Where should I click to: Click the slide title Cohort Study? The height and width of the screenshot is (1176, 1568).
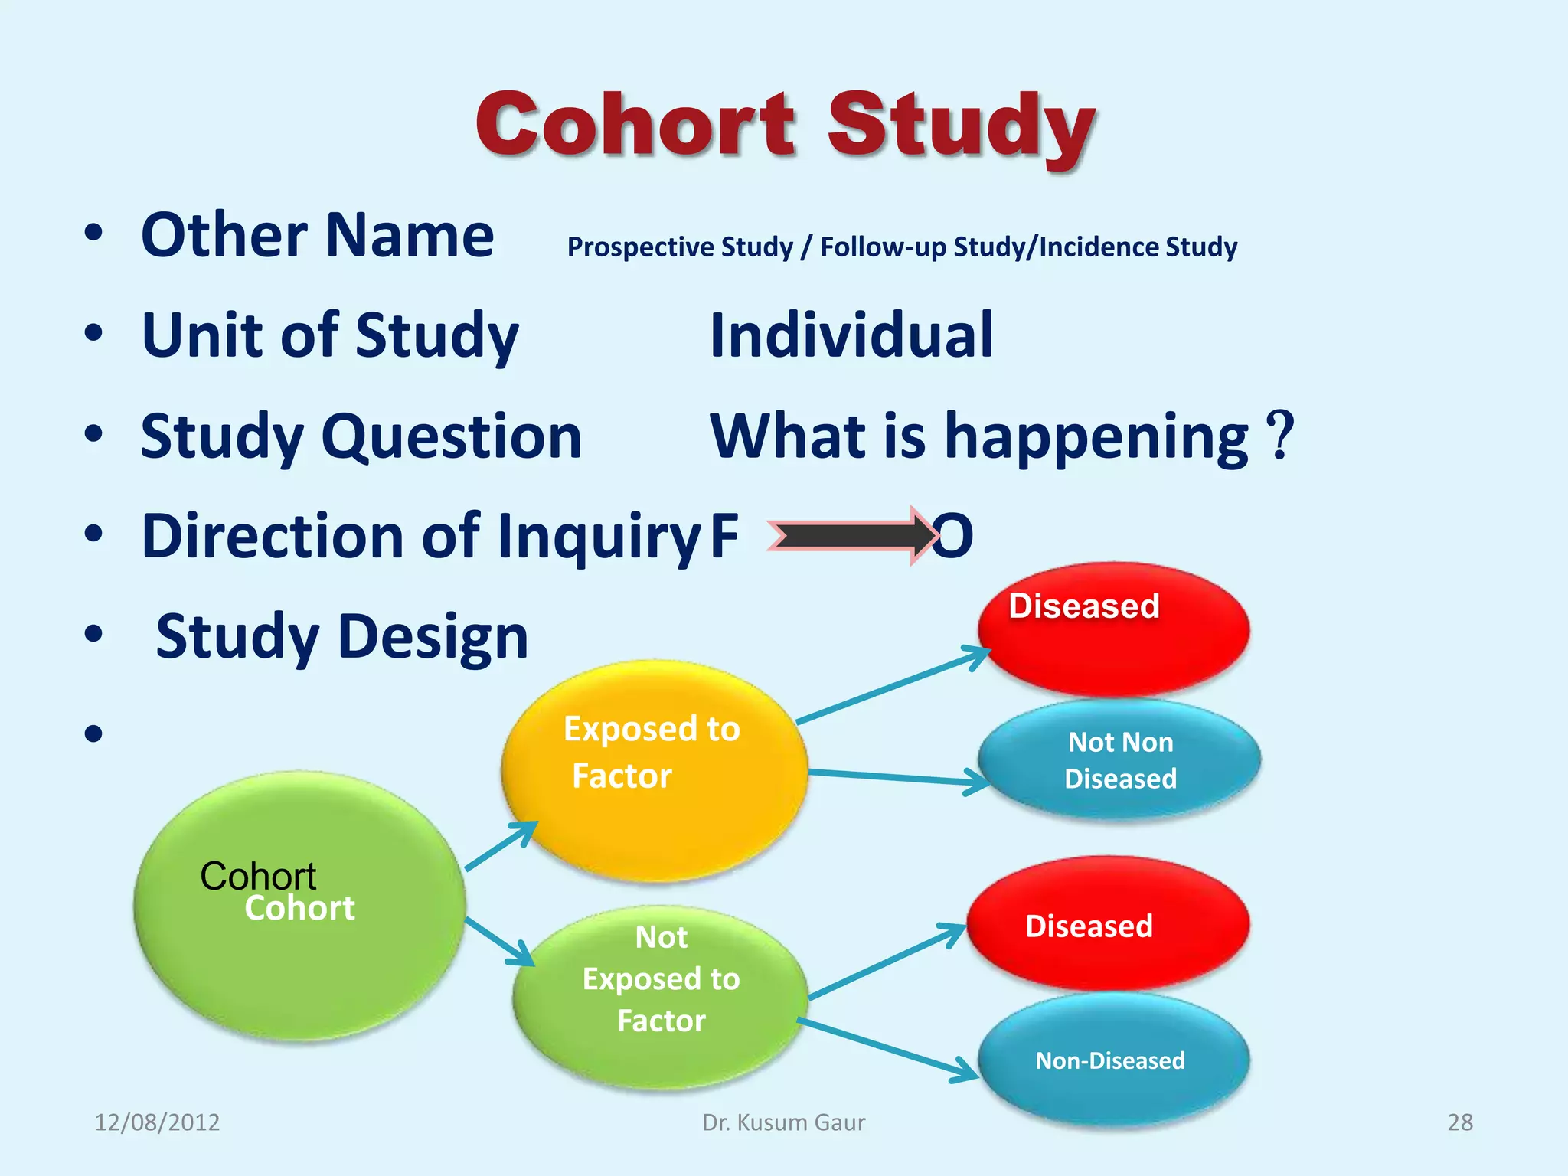coord(785,125)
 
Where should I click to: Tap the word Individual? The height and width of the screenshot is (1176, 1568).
coord(851,335)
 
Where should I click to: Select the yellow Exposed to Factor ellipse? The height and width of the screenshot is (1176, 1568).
coord(655,769)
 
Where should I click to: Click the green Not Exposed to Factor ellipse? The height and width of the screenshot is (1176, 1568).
coord(661,995)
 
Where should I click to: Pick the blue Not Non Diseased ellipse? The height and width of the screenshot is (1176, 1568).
coord(1120,760)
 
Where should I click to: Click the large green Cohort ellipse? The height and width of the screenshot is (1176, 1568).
coord(299,907)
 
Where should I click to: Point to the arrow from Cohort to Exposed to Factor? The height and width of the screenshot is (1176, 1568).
coord(501,846)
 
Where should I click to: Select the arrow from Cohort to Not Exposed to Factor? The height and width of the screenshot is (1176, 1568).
coord(499,941)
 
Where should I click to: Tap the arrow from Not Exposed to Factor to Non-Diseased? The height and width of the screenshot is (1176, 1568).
coord(888,1048)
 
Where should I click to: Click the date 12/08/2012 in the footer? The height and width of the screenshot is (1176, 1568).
coord(157,1122)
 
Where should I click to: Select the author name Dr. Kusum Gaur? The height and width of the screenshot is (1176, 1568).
coord(783,1122)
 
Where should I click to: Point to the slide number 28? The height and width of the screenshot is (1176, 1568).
coord(1459,1122)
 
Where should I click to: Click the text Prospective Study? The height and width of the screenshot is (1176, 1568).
coord(680,247)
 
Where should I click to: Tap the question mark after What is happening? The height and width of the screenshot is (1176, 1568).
coord(1279,435)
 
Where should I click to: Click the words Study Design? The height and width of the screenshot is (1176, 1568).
coord(341,636)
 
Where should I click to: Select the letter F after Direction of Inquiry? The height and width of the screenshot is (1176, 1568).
coord(724,535)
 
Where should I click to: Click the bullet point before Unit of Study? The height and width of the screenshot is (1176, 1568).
coord(93,334)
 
